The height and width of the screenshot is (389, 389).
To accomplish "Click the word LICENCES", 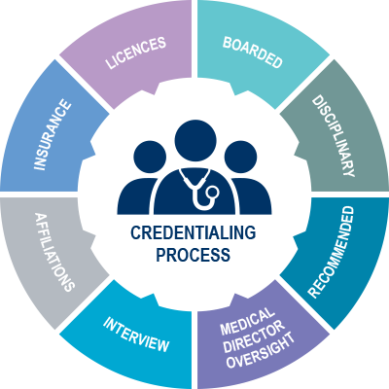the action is point(136,53).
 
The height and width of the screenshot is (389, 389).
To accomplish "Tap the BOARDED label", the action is point(253,53).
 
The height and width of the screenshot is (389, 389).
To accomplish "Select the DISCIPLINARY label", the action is point(334,136).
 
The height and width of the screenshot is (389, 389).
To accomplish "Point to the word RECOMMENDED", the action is point(331,252).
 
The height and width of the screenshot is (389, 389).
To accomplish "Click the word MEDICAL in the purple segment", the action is point(247,321).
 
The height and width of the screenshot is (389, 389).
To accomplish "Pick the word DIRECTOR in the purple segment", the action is point(254,336).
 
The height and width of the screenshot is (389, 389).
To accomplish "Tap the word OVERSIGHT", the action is point(261,350).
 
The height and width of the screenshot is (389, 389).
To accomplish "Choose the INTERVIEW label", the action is point(136,335).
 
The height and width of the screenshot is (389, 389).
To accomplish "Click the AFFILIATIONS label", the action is point(54,252).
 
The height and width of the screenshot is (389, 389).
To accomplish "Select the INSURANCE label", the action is point(53,135).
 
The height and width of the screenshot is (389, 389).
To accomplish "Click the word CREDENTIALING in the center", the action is point(194,233).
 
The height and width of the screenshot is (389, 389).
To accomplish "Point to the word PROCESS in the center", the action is point(194,255).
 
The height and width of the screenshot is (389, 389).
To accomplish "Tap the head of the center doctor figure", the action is point(195,140).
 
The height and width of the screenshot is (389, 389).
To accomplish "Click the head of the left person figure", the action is point(150,158).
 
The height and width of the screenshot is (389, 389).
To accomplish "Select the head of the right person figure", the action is point(240,158).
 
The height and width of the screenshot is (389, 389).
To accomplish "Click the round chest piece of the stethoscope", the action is point(213,192).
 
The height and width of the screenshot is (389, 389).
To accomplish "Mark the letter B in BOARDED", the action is point(228,43).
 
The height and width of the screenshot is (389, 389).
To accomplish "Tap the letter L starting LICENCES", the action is point(110,63).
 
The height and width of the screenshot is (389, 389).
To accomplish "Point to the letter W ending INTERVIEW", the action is point(161,345).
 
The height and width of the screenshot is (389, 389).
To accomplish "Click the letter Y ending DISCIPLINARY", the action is point(348,171).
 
